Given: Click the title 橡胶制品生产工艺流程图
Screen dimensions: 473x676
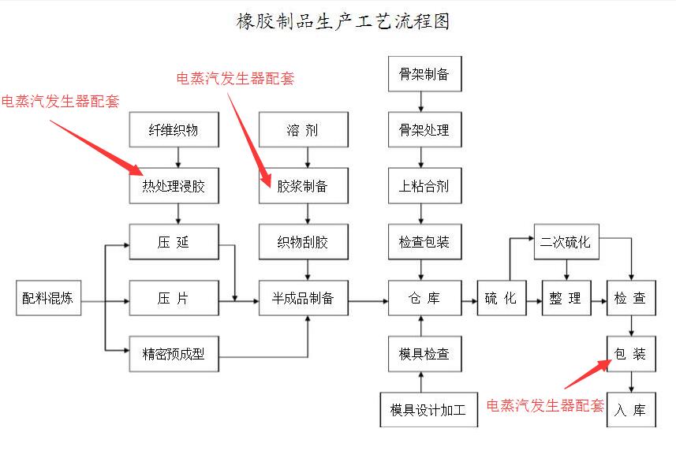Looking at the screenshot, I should [x=343, y=21].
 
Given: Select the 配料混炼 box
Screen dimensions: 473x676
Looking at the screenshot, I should [x=49, y=298].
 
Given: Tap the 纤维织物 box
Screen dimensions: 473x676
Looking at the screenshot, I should [x=174, y=130].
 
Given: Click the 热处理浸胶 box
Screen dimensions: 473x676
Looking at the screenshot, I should [x=174, y=187].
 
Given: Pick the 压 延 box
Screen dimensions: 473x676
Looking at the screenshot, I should [x=174, y=242].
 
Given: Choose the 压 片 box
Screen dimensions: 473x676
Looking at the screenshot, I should [x=174, y=298].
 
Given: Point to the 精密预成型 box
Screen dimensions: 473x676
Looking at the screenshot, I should [x=174, y=354].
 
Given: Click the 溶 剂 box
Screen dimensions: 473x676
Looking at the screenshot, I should [x=304, y=130].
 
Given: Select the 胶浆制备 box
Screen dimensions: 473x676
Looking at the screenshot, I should [x=304, y=187].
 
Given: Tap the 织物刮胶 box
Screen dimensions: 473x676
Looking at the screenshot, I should [x=304, y=242].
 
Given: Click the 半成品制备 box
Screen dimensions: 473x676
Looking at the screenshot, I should [x=304, y=298].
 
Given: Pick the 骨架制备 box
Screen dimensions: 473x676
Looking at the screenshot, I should [x=424, y=75].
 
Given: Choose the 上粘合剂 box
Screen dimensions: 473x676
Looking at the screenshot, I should [x=424, y=187].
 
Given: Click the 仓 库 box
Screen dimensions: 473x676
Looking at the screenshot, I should [x=424, y=298].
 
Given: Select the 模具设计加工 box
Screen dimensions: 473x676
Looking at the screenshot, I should [x=428, y=410].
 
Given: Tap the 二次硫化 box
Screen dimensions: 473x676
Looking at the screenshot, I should [x=566, y=242].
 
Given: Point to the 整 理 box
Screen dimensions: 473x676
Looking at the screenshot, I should [x=566, y=298].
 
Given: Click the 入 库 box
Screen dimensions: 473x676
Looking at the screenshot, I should [x=631, y=410].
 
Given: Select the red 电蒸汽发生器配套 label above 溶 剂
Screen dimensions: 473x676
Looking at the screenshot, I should [x=235, y=78].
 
